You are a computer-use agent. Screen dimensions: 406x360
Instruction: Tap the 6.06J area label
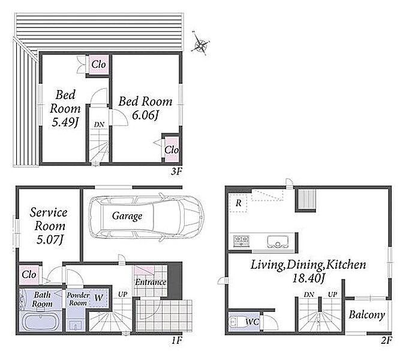point(145,115)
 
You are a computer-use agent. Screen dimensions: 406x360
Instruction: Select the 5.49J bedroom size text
point(65,122)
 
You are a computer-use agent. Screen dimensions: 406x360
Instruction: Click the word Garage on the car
point(127,216)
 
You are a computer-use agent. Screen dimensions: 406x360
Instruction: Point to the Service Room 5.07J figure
point(50,239)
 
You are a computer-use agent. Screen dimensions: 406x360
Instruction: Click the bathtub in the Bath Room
point(41,321)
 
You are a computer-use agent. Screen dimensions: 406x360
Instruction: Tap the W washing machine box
point(98,298)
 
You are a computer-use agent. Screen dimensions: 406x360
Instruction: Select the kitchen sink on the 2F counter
point(278,241)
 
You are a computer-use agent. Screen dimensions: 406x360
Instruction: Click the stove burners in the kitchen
point(241,241)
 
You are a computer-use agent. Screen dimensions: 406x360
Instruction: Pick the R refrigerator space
point(238,203)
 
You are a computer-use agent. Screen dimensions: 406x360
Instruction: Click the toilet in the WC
point(234,321)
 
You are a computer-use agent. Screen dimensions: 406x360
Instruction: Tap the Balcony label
point(366,315)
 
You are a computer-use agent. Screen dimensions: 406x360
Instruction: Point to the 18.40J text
point(308,278)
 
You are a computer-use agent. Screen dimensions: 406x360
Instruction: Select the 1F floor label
point(177,340)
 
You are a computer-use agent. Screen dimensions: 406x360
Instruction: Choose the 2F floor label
point(387,340)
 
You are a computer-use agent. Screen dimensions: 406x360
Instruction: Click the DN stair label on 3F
point(99,125)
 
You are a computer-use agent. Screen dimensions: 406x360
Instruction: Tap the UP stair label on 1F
point(123,294)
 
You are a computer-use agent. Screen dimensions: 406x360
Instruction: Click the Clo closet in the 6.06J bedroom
point(171,149)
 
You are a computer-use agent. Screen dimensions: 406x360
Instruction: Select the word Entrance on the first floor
point(151,282)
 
